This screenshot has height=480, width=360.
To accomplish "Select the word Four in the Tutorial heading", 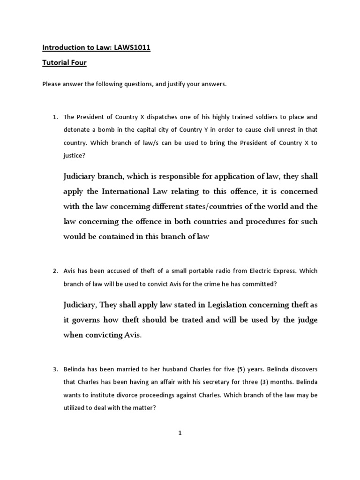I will (x=77, y=62).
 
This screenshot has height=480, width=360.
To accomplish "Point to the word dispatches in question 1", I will (x=141, y=117).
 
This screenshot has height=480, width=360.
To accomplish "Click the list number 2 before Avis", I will (x=54, y=270).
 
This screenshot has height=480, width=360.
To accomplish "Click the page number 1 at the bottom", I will (x=180, y=433).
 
